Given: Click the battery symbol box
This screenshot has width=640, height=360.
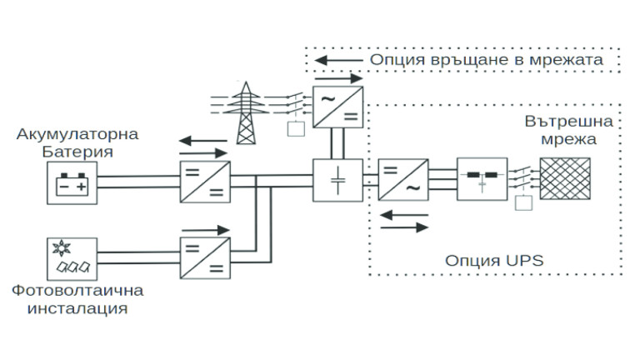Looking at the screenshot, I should coord(72,182).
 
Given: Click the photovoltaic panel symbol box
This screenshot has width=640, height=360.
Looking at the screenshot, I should coord(72,259).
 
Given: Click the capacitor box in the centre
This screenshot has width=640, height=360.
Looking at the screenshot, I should coord(337,181).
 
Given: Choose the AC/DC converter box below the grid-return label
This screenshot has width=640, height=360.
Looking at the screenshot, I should coord(337,107).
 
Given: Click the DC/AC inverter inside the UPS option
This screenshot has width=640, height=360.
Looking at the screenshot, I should coord(403,181).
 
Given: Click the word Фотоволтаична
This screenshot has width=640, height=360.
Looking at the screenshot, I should coord(78,291).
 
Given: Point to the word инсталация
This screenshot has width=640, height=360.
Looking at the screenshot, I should coord(78,309).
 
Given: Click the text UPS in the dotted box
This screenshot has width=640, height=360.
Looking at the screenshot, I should coord(526,260).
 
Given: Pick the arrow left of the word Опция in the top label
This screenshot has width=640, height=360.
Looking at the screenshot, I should coord(337,62).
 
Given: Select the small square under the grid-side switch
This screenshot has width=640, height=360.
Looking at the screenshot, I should coord(294,129).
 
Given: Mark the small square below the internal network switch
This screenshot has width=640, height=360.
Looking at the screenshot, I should coord(522,202).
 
